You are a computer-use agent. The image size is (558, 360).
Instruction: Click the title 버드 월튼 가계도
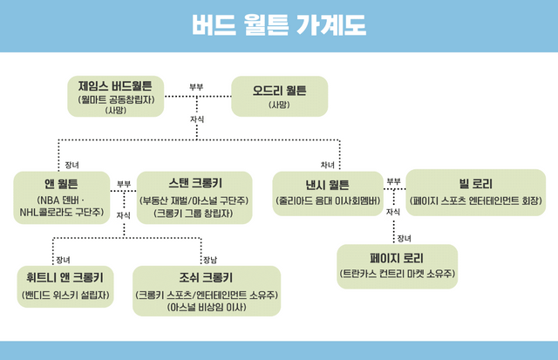coord(279,24)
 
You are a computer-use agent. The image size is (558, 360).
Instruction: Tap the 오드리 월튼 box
coord(279,97)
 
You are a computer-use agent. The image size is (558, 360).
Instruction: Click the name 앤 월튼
coord(61,184)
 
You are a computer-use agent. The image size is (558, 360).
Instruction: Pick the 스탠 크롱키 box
coord(194,195)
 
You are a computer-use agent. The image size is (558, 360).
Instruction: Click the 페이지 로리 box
coord(397,266)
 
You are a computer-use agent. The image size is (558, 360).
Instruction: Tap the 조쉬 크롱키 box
coord(206,289)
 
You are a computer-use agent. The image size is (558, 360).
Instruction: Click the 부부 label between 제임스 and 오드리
coord(196,87)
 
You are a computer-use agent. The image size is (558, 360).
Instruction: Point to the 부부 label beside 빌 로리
coord(393,181)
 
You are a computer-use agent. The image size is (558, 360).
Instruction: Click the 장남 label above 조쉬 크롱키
coord(209,259)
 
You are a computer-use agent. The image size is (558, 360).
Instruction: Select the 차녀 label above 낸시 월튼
coord(328,164)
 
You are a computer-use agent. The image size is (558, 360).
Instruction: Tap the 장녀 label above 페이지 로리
coord(403,237)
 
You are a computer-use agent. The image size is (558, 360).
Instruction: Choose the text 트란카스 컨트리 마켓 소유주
coord(397,274)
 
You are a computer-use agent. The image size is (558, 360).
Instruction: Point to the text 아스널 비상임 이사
coord(206,306)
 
